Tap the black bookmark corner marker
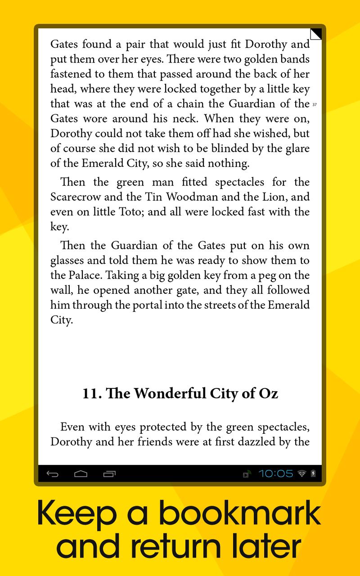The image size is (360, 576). click(x=316, y=34)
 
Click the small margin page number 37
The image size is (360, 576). click(x=314, y=105)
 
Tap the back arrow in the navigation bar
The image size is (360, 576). click(x=53, y=474)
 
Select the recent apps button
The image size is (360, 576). click(x=109, y=474)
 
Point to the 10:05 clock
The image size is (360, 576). click(x=275, y=473)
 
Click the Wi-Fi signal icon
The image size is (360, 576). click(x=301, y=473)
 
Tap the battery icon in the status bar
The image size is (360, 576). click(x=313, y=473)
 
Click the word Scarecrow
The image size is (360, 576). click(x=73, y=197)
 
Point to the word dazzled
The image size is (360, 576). click(x=254, y=442)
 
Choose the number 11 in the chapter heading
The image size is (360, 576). click(x=91, y=394)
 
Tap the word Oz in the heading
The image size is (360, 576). click(x=268, y=394)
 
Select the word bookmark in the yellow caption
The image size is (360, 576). click(x=240, y=514)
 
